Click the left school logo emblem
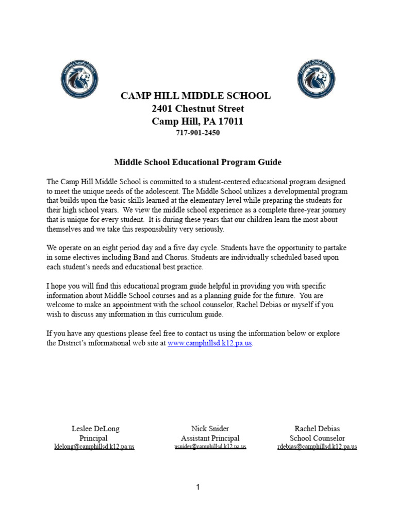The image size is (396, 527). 79,79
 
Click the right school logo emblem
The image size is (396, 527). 316,79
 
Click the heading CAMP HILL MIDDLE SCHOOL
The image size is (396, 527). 195,96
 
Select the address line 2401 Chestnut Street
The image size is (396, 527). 197,109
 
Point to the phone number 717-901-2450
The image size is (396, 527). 197,133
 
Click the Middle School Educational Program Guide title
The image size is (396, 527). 197,162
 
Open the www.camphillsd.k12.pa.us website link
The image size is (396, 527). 209,343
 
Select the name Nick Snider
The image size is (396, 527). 210,428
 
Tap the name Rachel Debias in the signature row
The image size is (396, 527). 317,428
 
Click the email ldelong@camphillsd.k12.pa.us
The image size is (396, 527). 94,447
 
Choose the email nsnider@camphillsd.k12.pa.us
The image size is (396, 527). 210,447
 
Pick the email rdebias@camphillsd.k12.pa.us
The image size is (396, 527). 317,447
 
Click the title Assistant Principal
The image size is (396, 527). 210,438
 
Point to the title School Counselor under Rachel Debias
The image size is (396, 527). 317,438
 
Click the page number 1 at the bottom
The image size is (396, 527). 197,488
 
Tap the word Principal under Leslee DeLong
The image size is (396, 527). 93,438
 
